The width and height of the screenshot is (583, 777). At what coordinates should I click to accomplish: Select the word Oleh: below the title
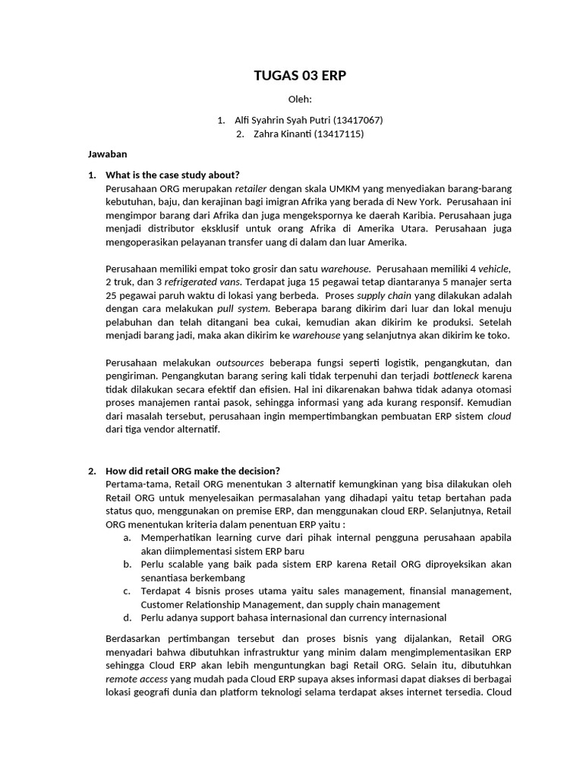pyautogui.click(x=291, y=100)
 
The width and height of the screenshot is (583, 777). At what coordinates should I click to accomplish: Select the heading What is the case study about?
pyautogui.click(x=172, y=175)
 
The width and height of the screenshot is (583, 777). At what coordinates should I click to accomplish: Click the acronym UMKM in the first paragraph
pyautogui.click(x=352, y=188)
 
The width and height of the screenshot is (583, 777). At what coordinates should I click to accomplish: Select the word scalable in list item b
pyautogui.click(x=183, y=565)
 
